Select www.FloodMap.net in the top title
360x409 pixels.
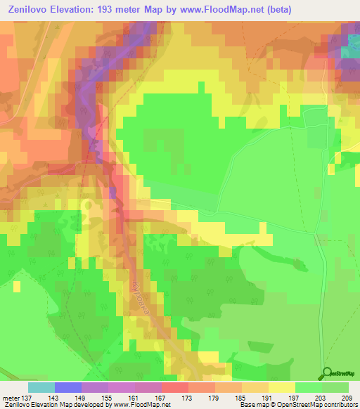[217, 9]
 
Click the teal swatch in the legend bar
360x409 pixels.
[41, 387]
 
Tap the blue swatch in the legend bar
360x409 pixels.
[68, 387]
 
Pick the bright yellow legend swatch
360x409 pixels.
[282, 387]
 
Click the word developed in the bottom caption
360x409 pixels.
[78, 405]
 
